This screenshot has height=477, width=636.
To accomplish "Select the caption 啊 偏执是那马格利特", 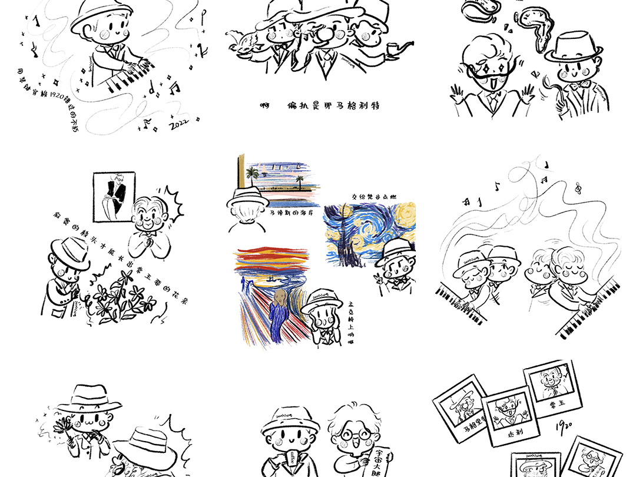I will (x=321, y=106).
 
